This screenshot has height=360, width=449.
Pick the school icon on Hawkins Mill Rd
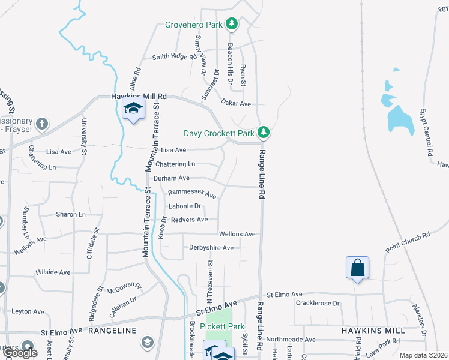133,110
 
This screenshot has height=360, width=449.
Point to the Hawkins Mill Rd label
138,96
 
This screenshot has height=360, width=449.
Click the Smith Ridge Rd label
175,57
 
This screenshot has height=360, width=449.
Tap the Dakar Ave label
236,103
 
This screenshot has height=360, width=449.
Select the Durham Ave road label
172,178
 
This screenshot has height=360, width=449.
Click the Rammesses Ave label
192,193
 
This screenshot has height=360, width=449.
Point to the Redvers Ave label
189,220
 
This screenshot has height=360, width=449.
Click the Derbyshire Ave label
211,248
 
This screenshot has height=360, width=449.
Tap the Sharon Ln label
71,214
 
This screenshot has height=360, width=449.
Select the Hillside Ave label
53,272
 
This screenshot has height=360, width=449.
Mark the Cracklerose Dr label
318,303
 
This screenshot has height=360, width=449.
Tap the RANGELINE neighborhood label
113,331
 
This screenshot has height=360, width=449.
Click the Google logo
19,353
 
